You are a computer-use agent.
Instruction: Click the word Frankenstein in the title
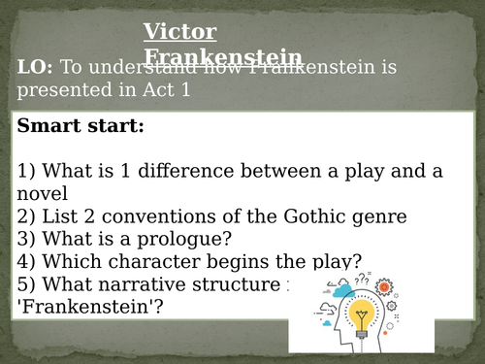tap(222, 55)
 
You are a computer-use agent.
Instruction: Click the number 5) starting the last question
tap(26, 284)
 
